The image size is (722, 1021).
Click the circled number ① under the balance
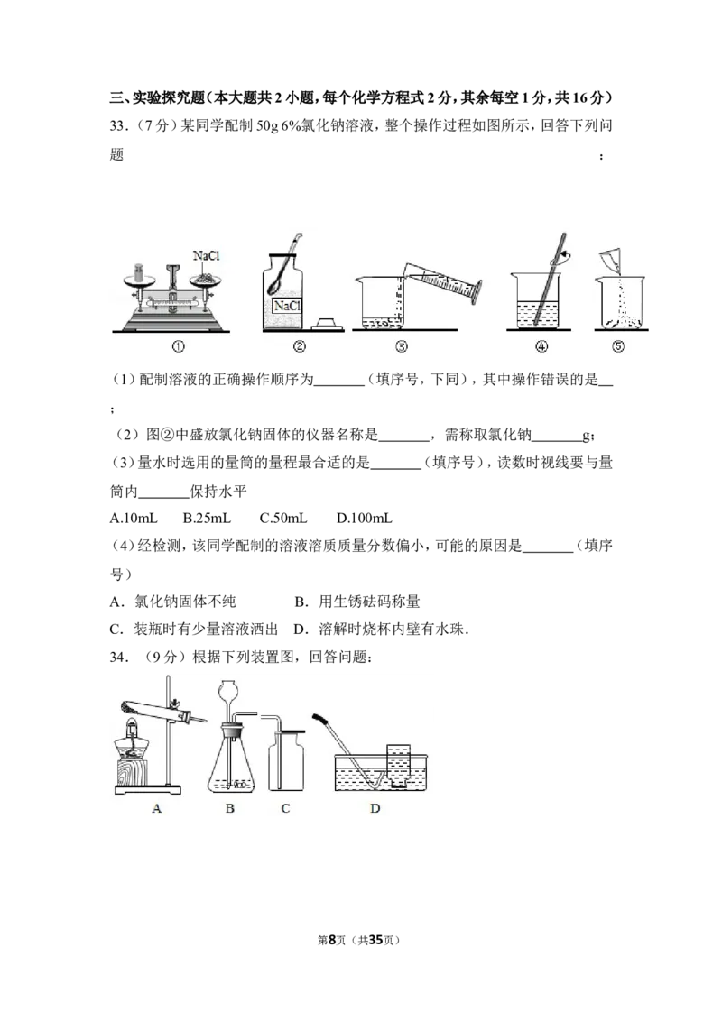178,347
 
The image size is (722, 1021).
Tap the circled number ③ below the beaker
402,347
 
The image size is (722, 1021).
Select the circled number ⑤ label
617,347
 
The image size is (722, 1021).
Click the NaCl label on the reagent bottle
287,306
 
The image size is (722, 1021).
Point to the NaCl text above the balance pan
206,255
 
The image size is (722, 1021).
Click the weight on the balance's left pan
138,272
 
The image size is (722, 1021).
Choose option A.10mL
134,519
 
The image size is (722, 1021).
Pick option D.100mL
365,519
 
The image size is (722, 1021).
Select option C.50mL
283,519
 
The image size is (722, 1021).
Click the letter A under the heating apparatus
156,809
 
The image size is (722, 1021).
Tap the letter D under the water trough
375,809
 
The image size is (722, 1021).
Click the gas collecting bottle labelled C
285,760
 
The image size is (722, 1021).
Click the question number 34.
117,657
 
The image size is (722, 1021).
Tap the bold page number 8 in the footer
332,940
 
